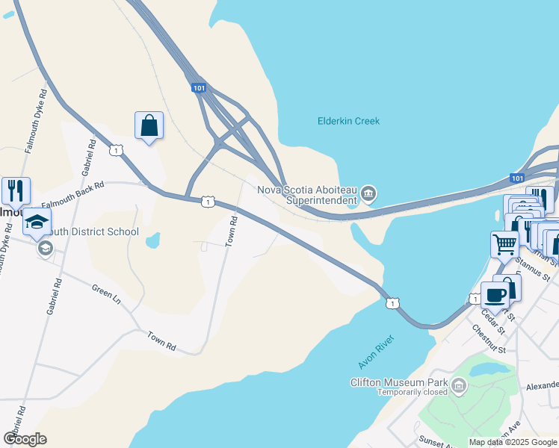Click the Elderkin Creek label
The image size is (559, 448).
pos(348,121)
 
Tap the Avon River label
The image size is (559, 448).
pos(375,350)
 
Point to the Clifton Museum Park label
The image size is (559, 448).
pos(399,383)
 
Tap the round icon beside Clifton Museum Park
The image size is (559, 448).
pos(459,386)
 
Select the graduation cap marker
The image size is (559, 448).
pos(37,222)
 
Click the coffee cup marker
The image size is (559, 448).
pos(495,295)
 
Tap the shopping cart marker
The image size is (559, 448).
pos(504,243)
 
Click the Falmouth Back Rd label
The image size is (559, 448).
pos(72,194)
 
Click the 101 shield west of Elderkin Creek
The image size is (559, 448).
pos(198,88)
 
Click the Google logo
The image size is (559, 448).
pos(25,439)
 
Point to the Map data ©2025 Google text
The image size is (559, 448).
pos(512,442)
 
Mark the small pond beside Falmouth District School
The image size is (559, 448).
pos(152,240)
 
